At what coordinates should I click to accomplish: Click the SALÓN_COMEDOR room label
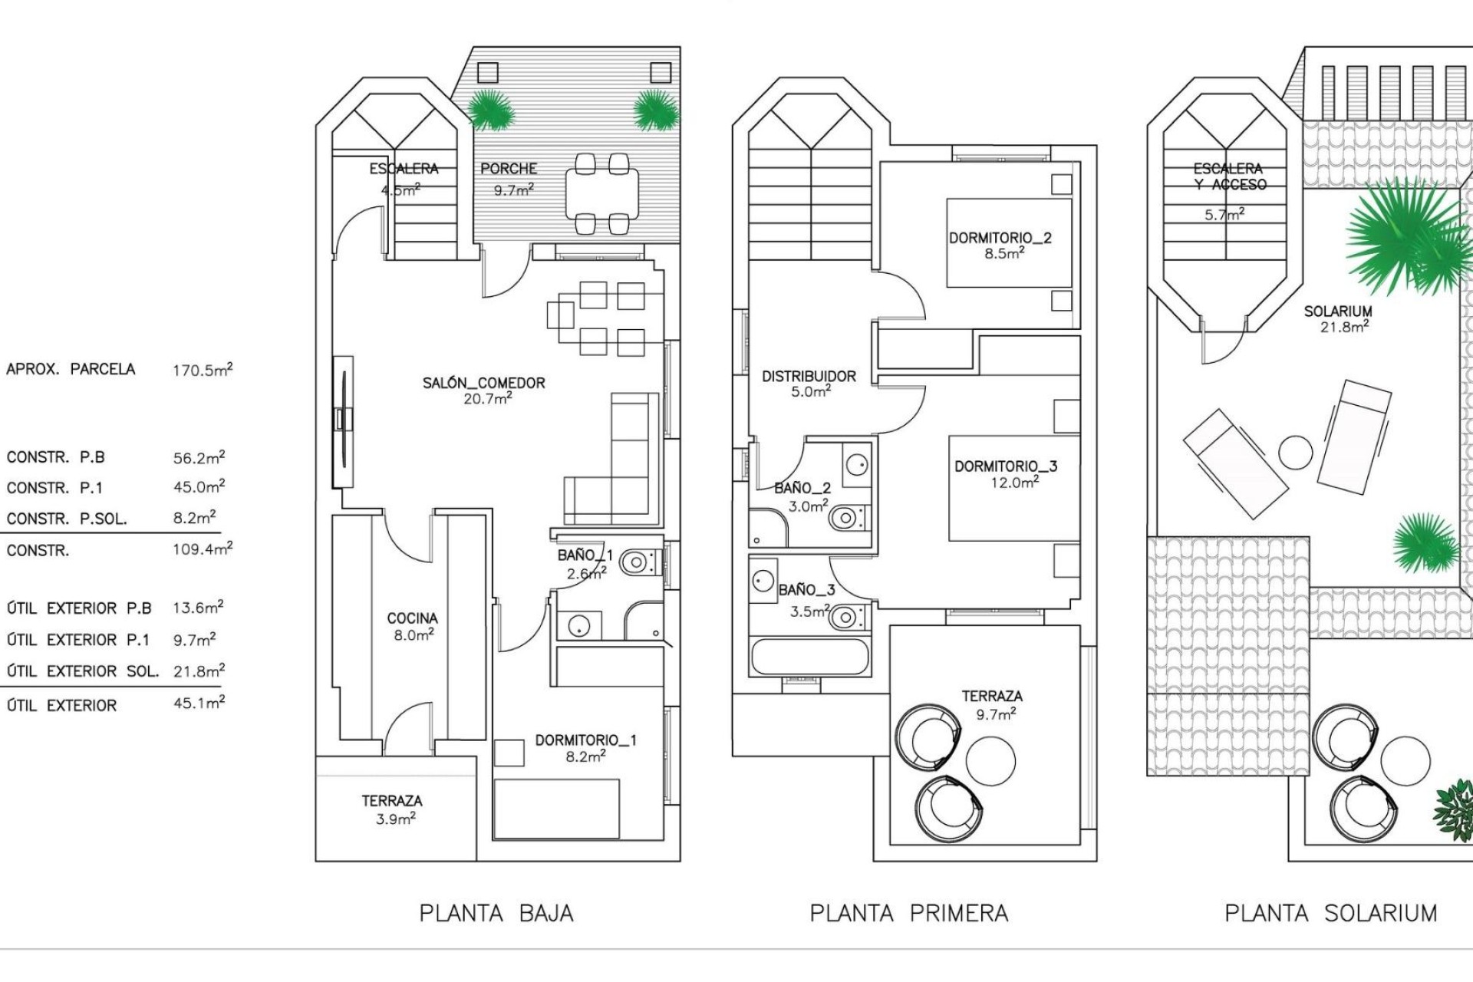[483, 383]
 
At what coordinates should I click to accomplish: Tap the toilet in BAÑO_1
[637, 563]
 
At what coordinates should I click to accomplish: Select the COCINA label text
[412, 618]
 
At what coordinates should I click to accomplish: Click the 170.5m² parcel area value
[203, 370]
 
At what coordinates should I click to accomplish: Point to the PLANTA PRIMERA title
[908, 913]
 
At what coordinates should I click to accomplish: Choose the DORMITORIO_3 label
[1005, 466]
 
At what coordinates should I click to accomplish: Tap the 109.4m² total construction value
[203, 549]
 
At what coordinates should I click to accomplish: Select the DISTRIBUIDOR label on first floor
[809, 377]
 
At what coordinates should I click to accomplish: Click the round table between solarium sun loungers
[1296, 452]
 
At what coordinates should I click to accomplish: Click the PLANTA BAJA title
[496, 913]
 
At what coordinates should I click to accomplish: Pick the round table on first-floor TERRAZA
[990, 760]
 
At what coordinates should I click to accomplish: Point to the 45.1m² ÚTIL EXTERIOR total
[199, 703]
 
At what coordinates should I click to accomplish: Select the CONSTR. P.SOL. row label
[66, 519]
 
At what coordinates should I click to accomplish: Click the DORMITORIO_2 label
[1000, 239]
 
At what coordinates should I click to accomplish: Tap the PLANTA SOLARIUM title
[1330, 913]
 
